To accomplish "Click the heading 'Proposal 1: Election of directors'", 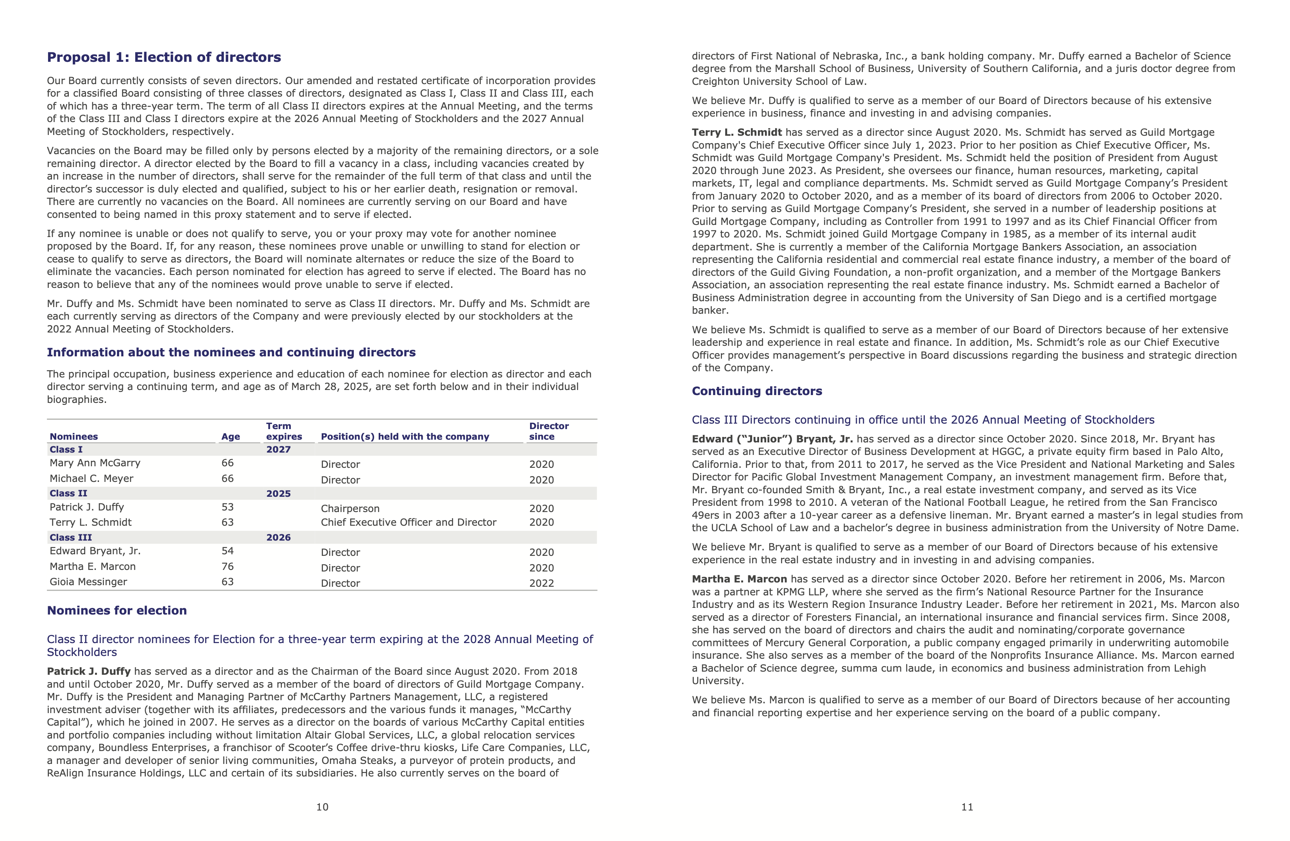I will pyautogui.click(x=164, y=58).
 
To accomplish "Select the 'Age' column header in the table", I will pyautogui.click(x=230, y=437).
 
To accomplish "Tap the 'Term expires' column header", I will pyautogui.click(x=284, y=431).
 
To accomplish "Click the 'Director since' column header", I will pyautogui.click(x=548, y=431).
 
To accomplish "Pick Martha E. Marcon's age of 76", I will pyautogui.click(x=228, y=566).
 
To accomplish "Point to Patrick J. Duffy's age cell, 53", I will pyautogui.click(x=228, y=507).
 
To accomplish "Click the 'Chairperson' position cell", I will pyautogui.click(x=350, y=509).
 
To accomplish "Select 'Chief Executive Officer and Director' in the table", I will pyautogui.click(x=408, y=522).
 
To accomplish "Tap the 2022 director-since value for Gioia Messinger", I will pyautogui.click(x=541, y=583).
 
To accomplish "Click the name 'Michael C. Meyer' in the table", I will pyautogui.click(x=91, y=478).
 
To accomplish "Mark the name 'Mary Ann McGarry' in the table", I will pyautogui.click(x=95, y=463).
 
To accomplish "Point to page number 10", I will pyautogui.click(x=322, y=807).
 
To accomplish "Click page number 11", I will pyautogui.click(x=967, y=807).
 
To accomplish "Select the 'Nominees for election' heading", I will pyautogui.click(x=116, y=611).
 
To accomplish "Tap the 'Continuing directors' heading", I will pyautogui.click(x=757, y=391).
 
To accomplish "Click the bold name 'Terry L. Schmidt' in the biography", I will pyautogui.click(x=736, y=132).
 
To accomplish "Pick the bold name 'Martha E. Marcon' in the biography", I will pyautogui.click(x=739, y=579).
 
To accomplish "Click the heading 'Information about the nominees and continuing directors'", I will pyautogui.click(x=231, y=352).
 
